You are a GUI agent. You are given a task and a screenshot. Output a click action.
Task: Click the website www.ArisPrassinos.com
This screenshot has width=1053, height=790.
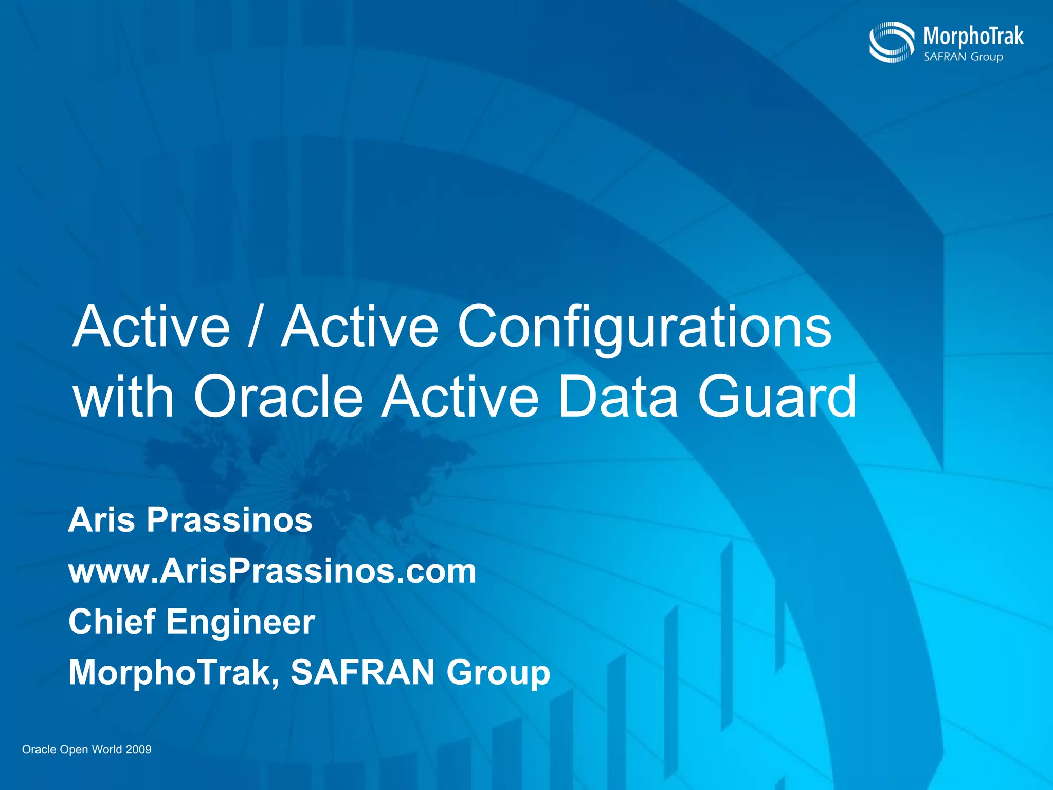[x=273, y=571]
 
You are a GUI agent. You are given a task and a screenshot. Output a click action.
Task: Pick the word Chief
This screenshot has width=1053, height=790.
[x=112, y=621]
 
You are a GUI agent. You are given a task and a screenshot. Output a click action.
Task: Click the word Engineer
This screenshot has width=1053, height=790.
[x=240, y=622]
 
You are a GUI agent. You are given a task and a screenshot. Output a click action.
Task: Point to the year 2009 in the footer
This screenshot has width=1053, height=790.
[x=138, y=749]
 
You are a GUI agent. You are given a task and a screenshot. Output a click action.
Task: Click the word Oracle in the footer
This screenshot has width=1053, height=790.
[x=39, y=749]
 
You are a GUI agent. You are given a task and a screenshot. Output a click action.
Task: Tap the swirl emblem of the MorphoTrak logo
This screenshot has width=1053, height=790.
[x=891, y=42]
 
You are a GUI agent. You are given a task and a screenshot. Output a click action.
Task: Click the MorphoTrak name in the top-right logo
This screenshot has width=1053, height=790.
[x=973, y=36]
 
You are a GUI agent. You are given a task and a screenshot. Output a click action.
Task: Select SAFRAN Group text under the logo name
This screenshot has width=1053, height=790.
[x=963, y=57]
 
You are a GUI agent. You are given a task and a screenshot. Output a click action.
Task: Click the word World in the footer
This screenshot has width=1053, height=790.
[x=106, y=749]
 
